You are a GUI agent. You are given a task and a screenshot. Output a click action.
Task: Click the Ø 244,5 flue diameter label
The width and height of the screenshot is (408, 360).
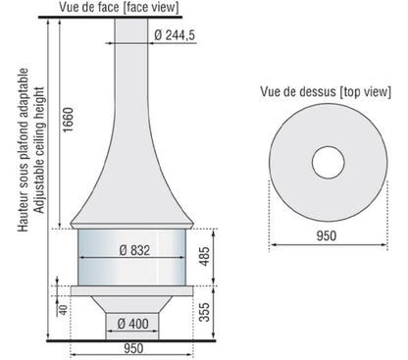(175, 35)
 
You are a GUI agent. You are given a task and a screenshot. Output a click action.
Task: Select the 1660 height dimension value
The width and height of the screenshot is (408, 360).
(69, 120)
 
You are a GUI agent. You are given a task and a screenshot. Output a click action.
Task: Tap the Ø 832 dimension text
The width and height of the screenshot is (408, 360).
(134, 250)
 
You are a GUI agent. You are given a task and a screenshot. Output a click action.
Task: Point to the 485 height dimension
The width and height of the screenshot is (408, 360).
(204, 257)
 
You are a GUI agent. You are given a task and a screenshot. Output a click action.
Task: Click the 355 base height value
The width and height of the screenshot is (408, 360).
(204, 312)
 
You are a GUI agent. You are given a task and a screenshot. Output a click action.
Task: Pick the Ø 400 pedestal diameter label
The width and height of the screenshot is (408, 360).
(132, 324)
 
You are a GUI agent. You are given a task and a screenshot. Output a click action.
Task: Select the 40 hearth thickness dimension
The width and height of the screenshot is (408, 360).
(63, 310)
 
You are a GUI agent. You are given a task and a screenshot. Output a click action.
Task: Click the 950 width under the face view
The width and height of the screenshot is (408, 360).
(133, 348)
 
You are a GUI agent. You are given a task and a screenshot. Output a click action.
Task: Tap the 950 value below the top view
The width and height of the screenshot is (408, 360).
(327, 235)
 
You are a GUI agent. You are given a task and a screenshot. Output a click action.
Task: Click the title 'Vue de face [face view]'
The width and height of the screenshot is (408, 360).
(119, 8)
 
